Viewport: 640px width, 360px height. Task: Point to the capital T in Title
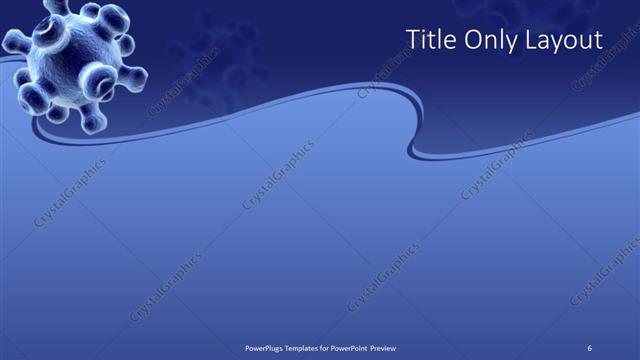pos(412,39)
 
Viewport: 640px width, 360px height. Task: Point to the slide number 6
pos(591,347)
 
